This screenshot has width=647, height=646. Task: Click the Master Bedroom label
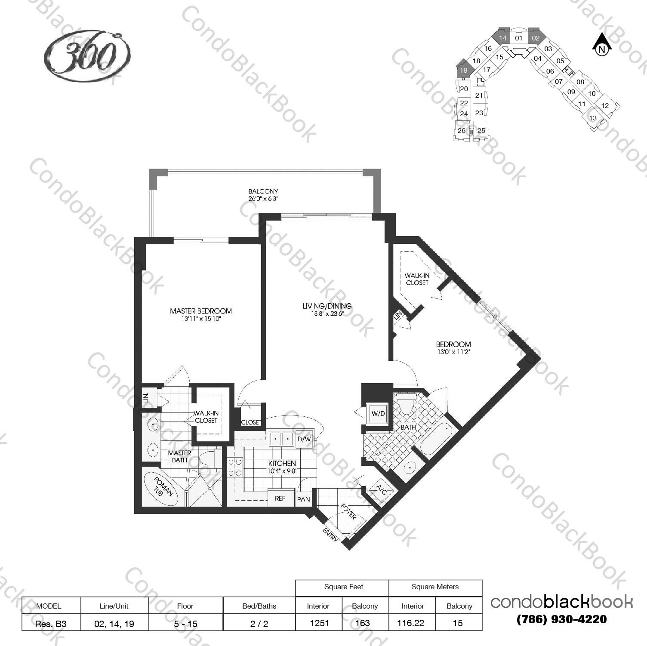[x=200, y=311]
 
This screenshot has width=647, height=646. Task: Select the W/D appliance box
[x=378, y=414]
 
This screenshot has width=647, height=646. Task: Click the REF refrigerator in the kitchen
[x=280, y=498]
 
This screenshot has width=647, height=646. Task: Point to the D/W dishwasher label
[x=304, y=439]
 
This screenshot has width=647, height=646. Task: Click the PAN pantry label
[x=303, y=499]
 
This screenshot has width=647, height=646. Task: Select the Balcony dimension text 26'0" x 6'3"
[x=263, y=199]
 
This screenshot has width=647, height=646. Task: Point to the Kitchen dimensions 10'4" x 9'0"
[x=282, y=471]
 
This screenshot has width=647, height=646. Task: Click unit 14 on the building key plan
[x=502, y=38]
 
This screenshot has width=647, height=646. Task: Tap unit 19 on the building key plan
[x=463, y=70]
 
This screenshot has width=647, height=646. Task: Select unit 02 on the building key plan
[x=536, y=38]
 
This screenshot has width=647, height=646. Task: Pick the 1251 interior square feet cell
[x=319, y=623]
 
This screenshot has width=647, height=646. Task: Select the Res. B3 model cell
[x=51, y=623]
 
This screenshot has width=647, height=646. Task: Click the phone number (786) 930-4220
[x=561, y=620]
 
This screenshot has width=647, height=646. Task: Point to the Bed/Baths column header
[x=259, y=606]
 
